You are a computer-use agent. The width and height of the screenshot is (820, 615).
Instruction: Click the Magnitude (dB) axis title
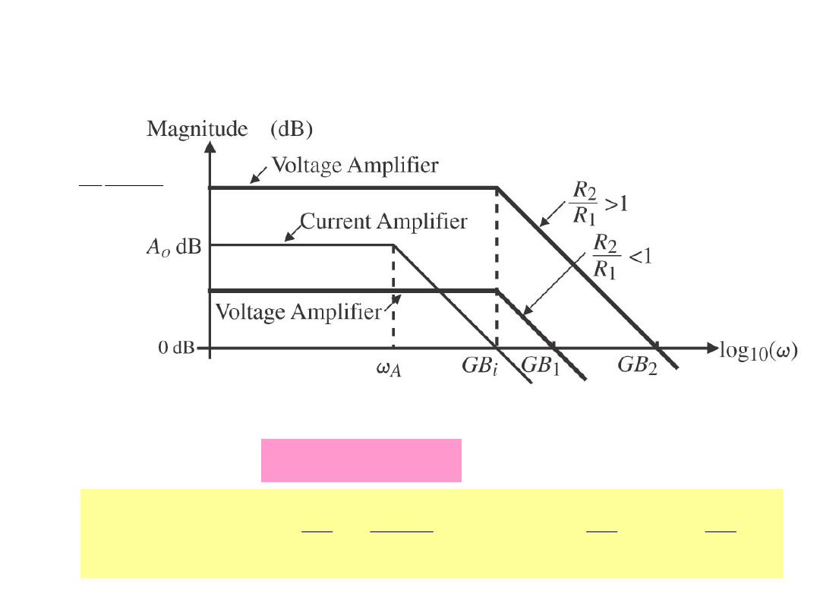point(229,130)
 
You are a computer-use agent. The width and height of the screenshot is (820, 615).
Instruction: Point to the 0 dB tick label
point(175,348)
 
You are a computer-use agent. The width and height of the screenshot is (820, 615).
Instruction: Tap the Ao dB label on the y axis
point(172,248)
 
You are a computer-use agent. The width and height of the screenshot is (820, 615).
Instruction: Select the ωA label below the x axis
point(390,369)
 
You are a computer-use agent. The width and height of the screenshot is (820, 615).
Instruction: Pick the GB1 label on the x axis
point(540,365)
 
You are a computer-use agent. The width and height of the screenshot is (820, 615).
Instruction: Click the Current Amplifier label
point(383,222)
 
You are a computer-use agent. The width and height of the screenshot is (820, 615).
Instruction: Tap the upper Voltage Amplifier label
point(355,165)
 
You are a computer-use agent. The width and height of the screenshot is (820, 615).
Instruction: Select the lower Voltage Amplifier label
point(298,311)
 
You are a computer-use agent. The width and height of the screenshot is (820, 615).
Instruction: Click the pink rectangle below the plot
point(361,460)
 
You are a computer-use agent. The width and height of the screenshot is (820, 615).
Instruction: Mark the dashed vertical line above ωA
point(393,296)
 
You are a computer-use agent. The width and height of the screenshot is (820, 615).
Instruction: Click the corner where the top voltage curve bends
point(497,188)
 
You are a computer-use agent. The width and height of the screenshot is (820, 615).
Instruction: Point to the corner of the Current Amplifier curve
point(393,245)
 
